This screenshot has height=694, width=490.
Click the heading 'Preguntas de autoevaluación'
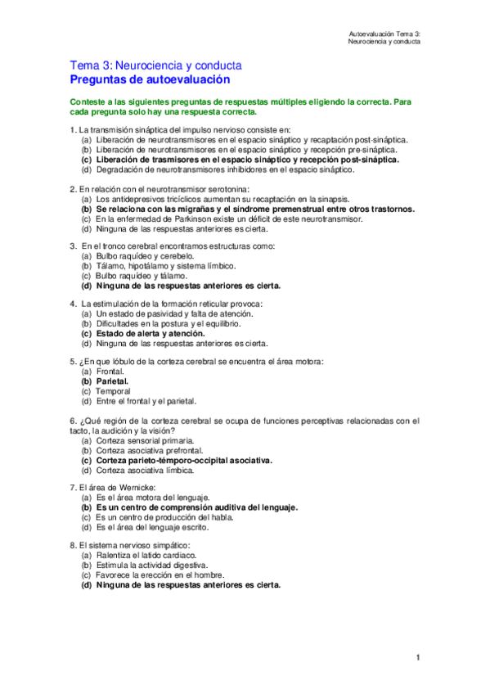point(150,79)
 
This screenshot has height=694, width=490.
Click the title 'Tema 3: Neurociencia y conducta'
point(155,65)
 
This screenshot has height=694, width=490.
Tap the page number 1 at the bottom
point(417,657)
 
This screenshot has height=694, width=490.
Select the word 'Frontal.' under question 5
point(112,371)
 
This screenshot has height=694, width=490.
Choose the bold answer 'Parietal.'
point(113,381)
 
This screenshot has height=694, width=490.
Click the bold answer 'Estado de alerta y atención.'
point(150,334)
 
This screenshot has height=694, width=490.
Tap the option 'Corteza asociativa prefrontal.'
point(151,450)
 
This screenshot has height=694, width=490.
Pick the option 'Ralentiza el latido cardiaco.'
point(146,556)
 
